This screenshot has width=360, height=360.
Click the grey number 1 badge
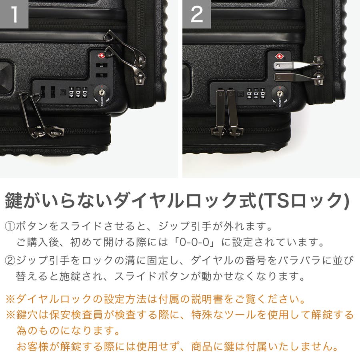point(14,14)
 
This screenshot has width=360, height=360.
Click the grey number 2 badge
point(197,14)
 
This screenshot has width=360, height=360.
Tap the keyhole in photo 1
point(102,92)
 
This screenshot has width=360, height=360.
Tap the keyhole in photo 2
point(279,93)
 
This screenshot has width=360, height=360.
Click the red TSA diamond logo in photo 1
point(101,56)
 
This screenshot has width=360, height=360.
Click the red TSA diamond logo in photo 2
point(280,56)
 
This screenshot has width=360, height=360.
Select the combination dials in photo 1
point(78,92)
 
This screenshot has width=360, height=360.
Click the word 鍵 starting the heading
point(14,200)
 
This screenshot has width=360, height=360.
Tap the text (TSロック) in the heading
point(303,200)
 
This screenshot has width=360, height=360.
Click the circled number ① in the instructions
point(10,226)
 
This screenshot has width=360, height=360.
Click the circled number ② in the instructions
point(10,260)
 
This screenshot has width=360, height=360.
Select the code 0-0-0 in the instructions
point(195,242)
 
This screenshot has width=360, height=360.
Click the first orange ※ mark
point(10,299)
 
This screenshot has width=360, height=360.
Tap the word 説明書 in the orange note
point(207,299)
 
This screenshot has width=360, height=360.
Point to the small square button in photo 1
point(62,92)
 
